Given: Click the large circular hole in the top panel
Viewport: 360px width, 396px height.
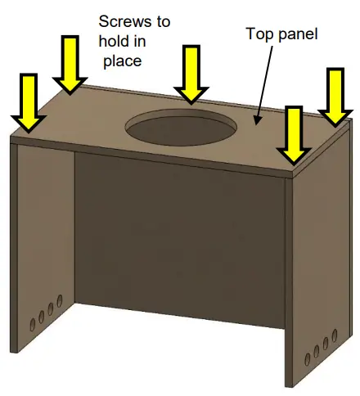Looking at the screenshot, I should [x=181, y=128].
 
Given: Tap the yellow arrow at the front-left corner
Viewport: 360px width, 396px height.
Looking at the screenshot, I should [x=29, y=102].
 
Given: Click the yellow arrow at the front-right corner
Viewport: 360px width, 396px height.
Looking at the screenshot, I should [x=292, y=134].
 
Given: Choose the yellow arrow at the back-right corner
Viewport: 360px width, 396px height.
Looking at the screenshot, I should [x=335, y=97].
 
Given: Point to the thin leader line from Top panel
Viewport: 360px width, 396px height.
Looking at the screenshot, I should [x=266, y=82].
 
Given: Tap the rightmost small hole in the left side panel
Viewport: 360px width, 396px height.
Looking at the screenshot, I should [x=59, y=304].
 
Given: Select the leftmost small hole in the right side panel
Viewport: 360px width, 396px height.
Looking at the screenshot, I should [x=306, y=354].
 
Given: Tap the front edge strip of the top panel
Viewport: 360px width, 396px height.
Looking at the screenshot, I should [x=155, y=156].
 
